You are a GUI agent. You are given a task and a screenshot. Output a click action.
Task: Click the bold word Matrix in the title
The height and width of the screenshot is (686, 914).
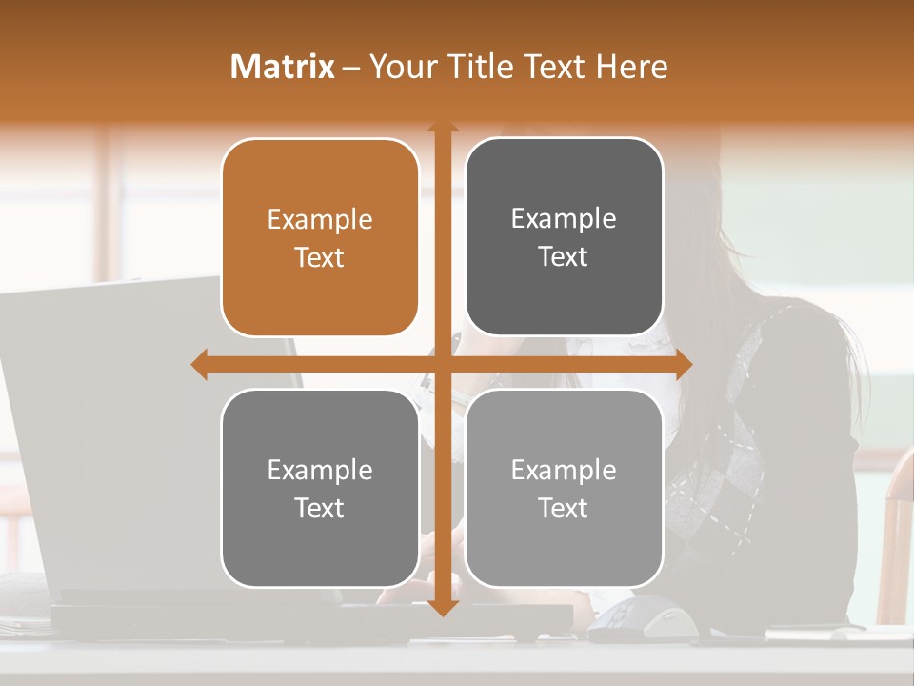tap(283, 67)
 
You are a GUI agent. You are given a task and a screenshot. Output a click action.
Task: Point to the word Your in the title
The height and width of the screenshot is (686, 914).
tap(404, 67)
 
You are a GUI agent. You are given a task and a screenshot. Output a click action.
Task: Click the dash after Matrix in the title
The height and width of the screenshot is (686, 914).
tap(351, 68)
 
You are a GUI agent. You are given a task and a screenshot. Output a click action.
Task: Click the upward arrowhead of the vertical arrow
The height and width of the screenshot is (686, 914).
tap(442, 128)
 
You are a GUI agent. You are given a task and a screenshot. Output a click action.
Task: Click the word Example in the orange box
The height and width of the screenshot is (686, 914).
tap(319, 220)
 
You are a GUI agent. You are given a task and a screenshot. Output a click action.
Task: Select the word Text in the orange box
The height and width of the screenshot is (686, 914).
tap(319, 257)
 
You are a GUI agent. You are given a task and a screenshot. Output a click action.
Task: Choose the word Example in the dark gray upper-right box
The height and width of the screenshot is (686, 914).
tap(564, 219)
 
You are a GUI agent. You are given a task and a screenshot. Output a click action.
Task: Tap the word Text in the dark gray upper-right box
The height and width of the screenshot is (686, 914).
tap(564, 256)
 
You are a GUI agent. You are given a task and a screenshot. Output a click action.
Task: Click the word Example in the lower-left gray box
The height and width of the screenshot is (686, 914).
tap(319, 471)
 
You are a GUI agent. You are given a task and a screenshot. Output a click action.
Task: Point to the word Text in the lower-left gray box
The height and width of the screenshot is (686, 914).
tap(319, 508)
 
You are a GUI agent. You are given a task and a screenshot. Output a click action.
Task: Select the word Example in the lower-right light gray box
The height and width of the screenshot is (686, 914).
tap(564, 471)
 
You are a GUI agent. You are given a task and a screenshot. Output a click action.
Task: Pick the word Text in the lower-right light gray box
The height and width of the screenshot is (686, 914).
tap(564, 508)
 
